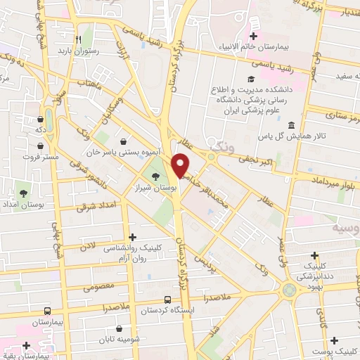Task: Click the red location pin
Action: click(181, 165)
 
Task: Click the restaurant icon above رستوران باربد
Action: click(79, 39)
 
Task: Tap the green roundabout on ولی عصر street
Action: click(288, 290)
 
